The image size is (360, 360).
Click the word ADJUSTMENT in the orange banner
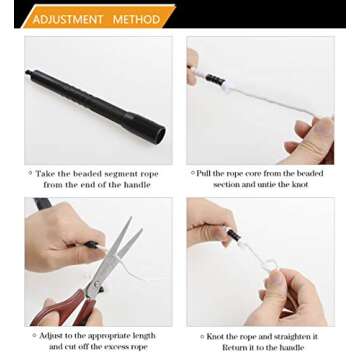point(68,19)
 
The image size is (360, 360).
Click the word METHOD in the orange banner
point(136,19)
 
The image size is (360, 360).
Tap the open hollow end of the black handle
point(160,133)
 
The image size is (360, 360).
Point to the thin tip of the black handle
point(28,72)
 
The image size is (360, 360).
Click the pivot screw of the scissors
point(97,284)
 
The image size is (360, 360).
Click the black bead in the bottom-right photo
point(233,235)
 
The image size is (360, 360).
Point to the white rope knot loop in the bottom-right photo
point(271,267)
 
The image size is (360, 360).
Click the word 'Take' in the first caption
point(45,174)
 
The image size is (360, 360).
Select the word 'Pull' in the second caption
point(204,173)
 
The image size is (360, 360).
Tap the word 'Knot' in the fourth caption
point(217,336)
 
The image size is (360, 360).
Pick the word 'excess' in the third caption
point(114,347)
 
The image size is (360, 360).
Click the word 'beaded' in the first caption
point(88,174)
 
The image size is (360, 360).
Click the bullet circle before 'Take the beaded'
point(30,173)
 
